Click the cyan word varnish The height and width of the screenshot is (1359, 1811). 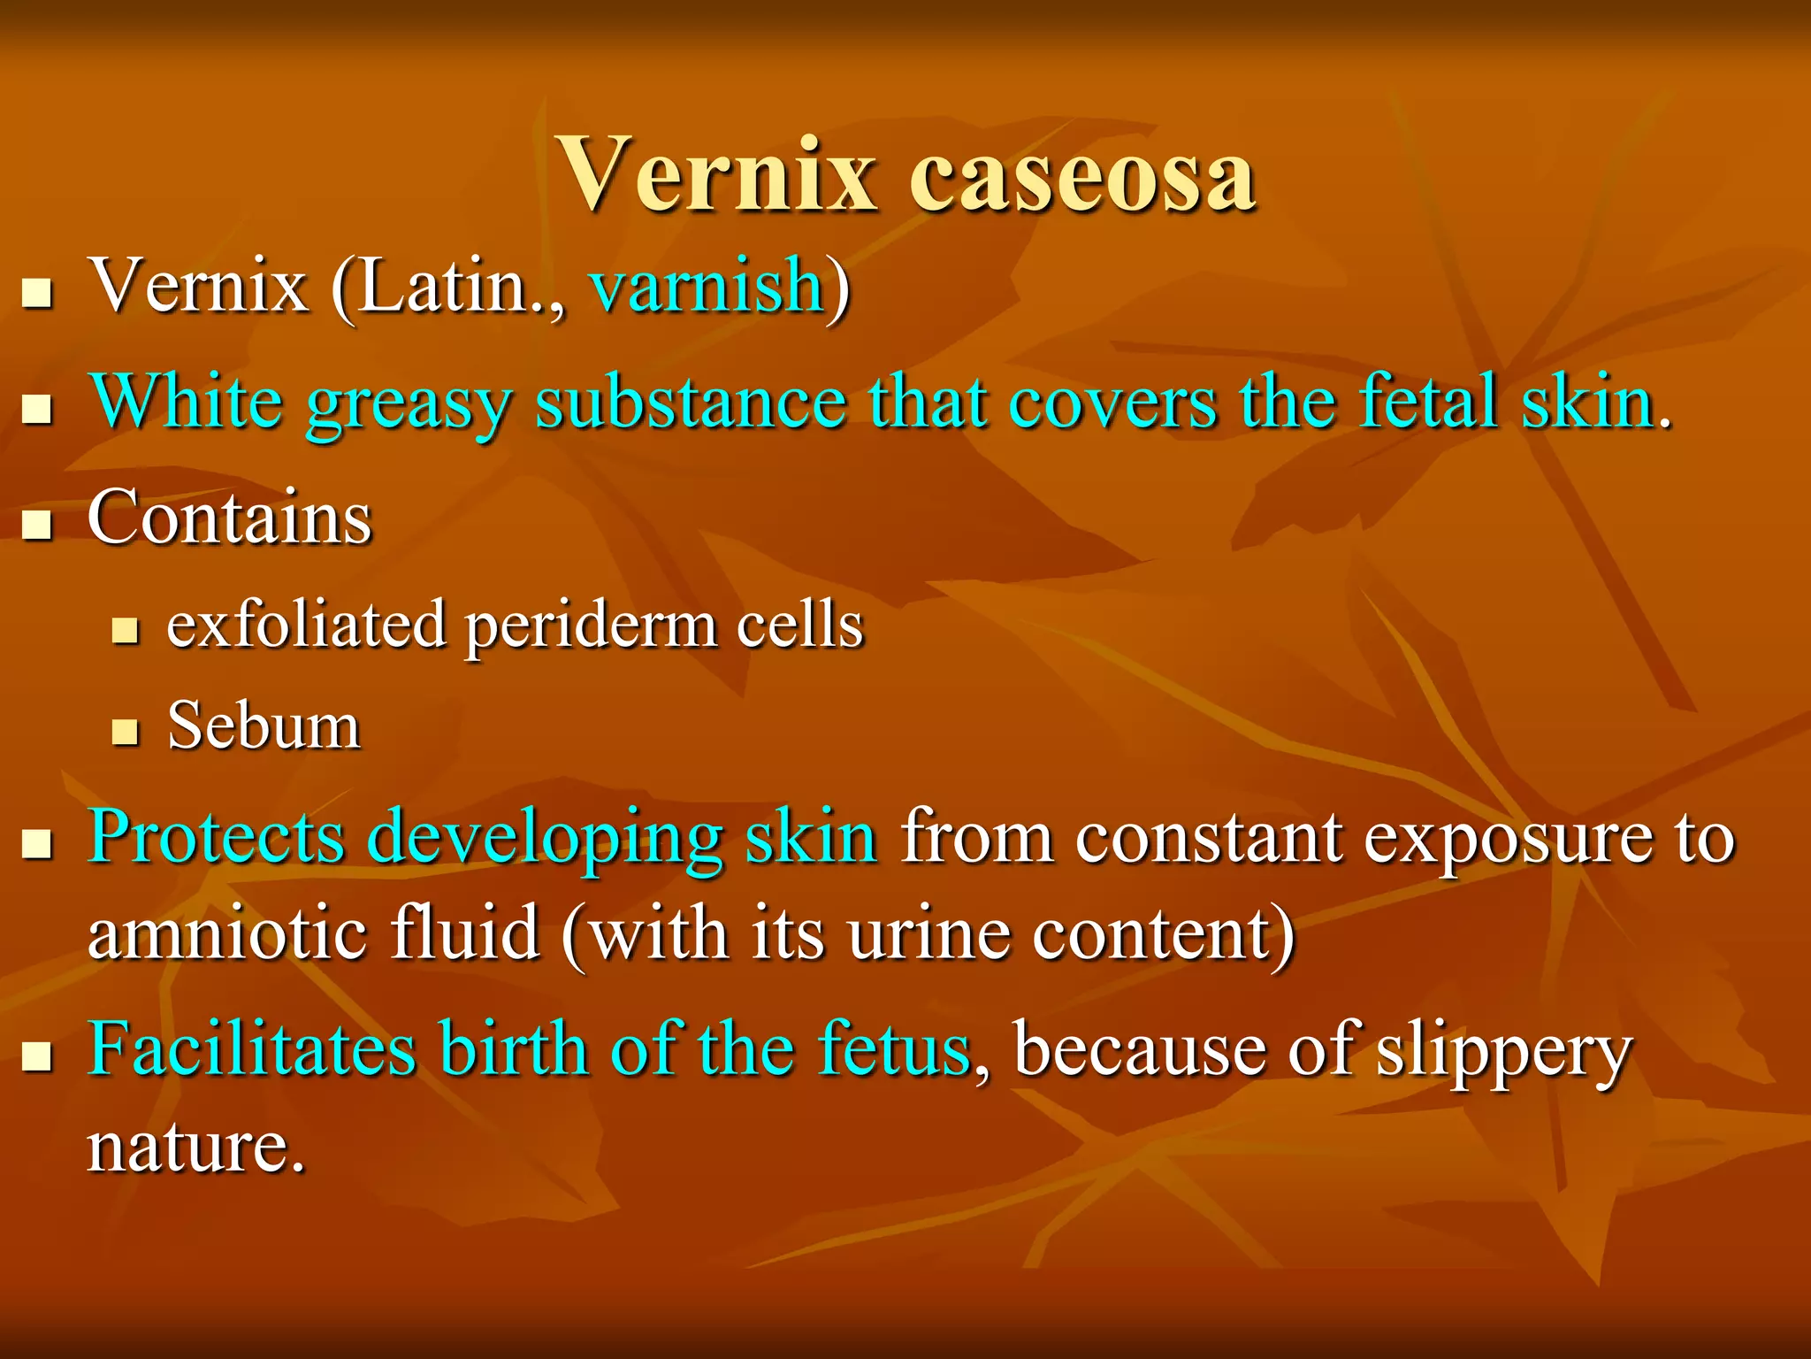click(x=707, y=286)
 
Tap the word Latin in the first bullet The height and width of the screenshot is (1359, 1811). click(x=442, y=286)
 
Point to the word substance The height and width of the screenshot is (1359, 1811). click(x=691, y=403)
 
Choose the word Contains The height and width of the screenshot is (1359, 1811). click(x=230, y=518)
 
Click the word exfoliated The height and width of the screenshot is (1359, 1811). click(x=306, y=625)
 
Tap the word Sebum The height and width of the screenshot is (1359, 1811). click(x=264, y=726)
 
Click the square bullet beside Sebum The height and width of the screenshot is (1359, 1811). click(x=126, y=732)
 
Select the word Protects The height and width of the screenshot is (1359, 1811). click(x=216, y=836)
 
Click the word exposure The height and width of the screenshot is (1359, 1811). click(x=1507, y=838)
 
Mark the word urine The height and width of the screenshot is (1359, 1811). click(x=929, y=933)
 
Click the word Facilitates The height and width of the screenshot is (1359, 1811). click(x=251, y=1049)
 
